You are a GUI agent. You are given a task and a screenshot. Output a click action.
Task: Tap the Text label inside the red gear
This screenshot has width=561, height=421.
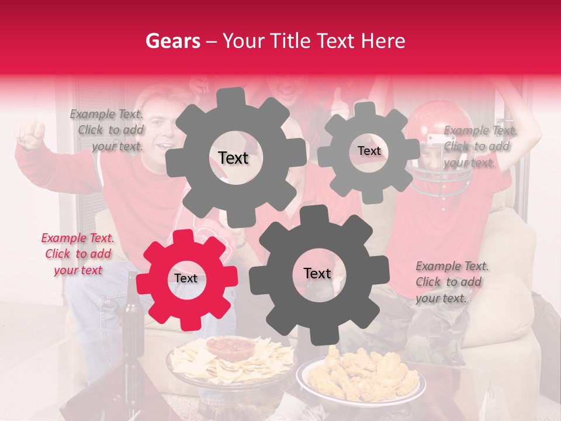[186, 279]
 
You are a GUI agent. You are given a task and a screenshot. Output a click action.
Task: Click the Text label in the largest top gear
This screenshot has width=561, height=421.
[233, 158]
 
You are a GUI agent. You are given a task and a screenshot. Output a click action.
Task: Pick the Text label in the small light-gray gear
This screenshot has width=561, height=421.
[369, 151]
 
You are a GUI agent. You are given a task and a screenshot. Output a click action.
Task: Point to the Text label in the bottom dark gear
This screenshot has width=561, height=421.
[317, 274]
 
